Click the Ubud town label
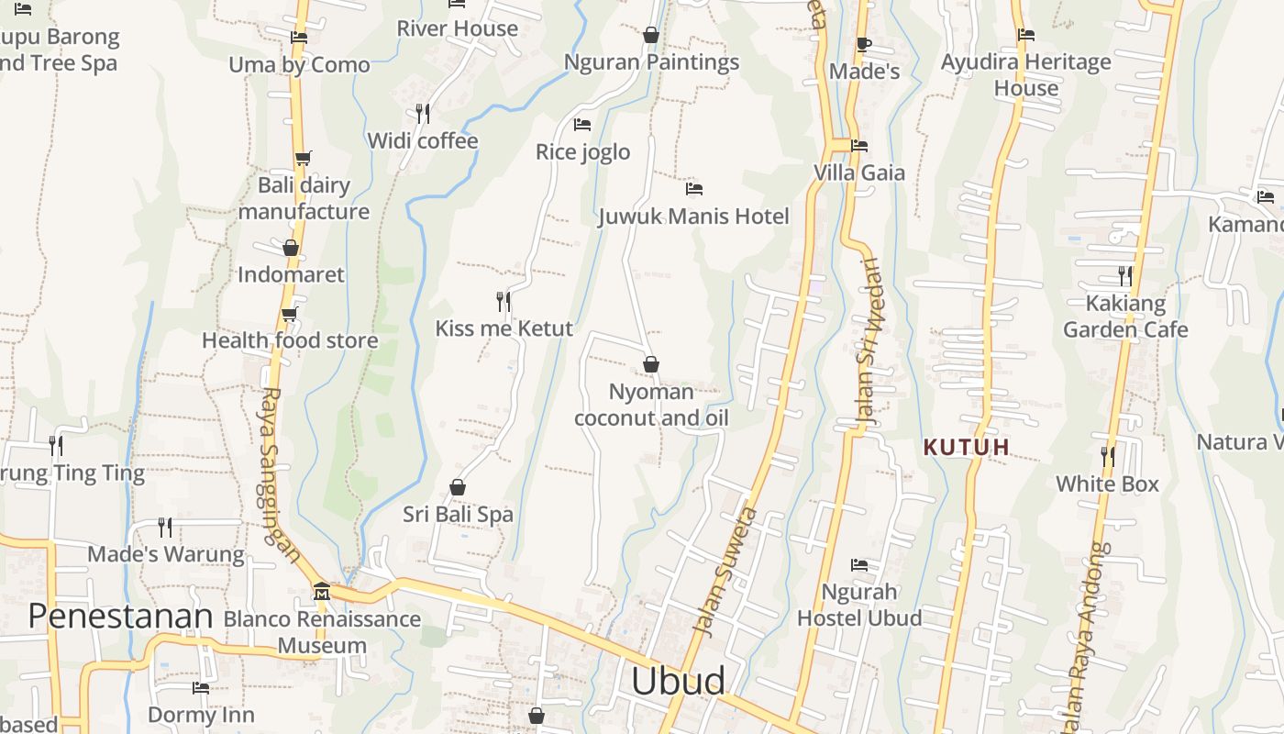coord(678,681)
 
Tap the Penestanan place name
coord(120,616)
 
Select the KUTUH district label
coord(967,448)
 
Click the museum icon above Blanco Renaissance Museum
coord(322,592)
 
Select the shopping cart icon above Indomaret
coord(291,248)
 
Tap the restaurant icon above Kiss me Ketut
coord(504,301)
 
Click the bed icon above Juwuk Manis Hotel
coord(694,189)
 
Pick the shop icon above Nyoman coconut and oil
coord(651,364)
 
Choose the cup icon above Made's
coord(863,44)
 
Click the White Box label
coord(1107,484)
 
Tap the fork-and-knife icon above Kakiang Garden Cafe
coord(1125,275)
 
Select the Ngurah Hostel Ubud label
coord(859,605)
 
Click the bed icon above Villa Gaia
coord(859,145)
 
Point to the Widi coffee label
coord(423,140)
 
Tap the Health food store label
coord(290,340)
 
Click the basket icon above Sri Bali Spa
coord(458,487)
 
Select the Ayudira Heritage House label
coord(1026,75)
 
